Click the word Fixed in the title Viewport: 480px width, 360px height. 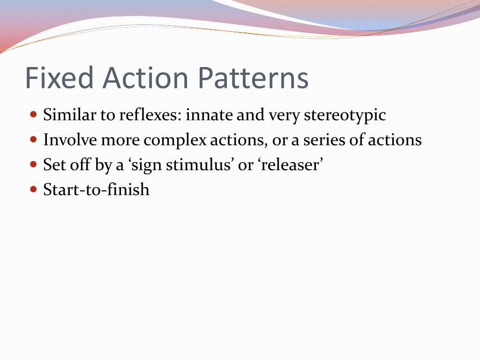[59, 78]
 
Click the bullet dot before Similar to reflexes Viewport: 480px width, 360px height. [33, 114]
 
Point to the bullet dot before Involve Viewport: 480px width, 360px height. [33, 139]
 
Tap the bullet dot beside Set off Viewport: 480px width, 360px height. [33, 165]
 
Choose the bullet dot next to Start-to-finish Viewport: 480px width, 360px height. [33, 189]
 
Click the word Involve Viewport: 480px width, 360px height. [70, 140]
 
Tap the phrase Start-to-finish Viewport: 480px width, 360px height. [96, 190]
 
